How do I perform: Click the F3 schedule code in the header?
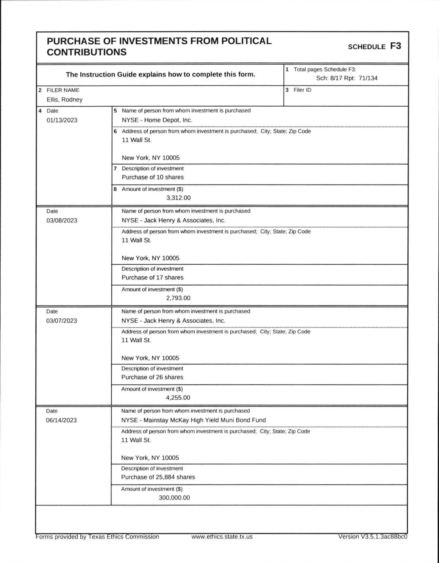tap(395, 46)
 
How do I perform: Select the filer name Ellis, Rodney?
tap(64, 100)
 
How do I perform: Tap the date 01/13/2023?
tap(62, 120)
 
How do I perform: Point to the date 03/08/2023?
tap(62, 221)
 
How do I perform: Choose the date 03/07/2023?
tap(62, 321)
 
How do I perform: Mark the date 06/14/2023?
tap(61, 420)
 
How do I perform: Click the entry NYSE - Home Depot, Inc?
tap(157, 120)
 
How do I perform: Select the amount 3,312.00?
tap(178, 198)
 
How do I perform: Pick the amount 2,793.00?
tap(178, 298)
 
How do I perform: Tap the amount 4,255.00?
tap(178, 398)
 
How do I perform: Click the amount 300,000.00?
tap(174, 498)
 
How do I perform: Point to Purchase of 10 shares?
tap(152, 177)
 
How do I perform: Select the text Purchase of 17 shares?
tap(152, 278)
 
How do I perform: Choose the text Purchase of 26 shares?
tap(152, 377)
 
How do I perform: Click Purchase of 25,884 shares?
tap(158, 477)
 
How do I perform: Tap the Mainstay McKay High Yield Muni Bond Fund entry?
tap(194, 420)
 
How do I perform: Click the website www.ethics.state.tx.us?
tap(222, 537)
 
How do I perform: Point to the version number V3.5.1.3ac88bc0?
tap(373, 537)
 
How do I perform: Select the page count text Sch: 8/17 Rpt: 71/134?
tap(347, 78)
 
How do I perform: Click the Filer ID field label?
tap(302, 90)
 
